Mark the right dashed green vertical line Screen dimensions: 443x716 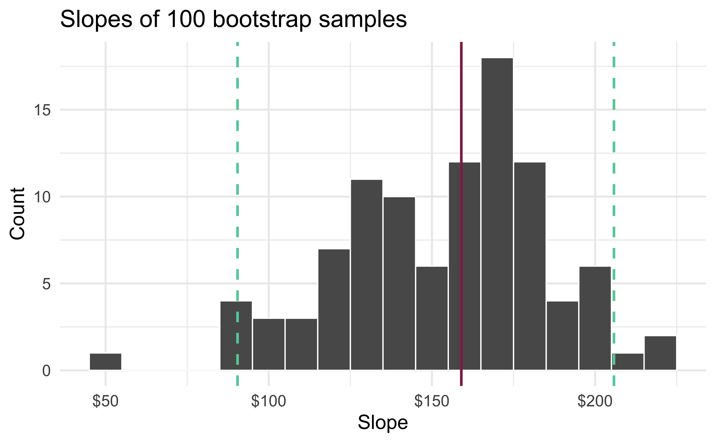614,176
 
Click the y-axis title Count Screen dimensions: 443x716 18,214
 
